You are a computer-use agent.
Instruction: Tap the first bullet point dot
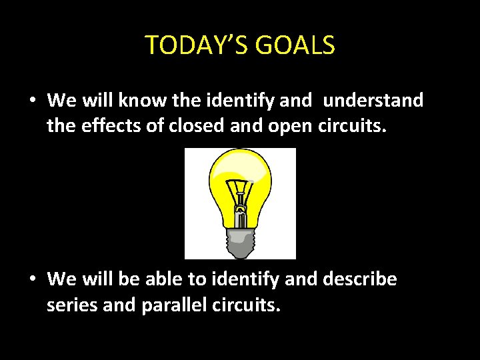pyautogui.click(x=32, y=101)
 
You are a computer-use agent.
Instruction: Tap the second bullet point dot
pyautogui.click(x=32, y=279)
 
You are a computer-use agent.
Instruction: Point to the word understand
pyautogui.click(x=373, y=101)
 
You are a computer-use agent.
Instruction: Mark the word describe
pyautogui.click(x=360, y=279)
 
